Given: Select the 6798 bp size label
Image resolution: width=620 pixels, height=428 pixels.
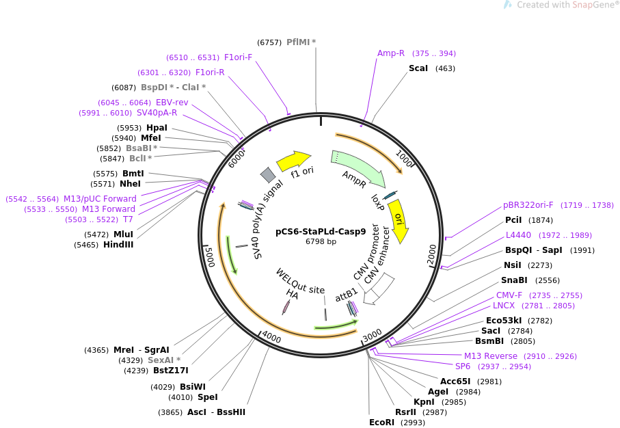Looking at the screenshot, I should click(321, 241).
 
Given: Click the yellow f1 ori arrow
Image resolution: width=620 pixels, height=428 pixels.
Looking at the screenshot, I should click(293, 161).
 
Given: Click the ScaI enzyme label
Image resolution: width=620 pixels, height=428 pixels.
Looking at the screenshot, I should click(418, 68).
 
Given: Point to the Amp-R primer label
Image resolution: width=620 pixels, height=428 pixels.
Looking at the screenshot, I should click(391, 53).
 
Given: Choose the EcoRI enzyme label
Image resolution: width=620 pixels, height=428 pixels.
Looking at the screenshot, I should click(382, 423).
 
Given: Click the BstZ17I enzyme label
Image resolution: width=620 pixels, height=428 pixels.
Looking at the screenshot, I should click(170, 371).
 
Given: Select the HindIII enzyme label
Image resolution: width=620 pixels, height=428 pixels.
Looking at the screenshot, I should click(118, 245).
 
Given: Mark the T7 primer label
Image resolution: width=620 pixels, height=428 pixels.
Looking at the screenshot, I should click(128, 219).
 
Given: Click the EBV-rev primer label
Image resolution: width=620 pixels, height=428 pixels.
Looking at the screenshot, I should click(172, 103).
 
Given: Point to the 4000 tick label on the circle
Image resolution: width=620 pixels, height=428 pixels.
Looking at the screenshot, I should click(271, 338).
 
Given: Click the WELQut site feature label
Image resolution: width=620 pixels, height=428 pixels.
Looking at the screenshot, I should click(300, 281).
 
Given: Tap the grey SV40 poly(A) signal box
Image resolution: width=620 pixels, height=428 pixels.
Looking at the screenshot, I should click(267, 175).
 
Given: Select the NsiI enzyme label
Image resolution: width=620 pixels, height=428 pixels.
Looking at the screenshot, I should click(512, 265).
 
